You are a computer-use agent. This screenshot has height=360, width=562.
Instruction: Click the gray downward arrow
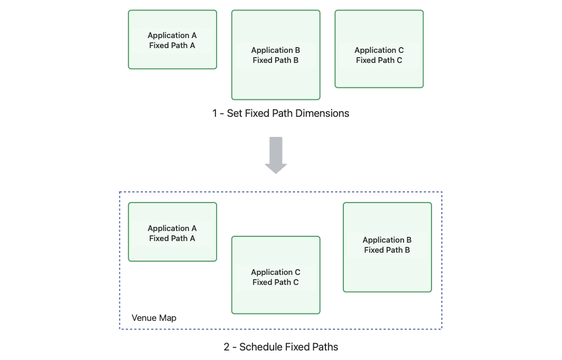click(x=276, y=155)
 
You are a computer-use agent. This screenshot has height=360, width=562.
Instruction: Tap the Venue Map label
click(x=154, y=318)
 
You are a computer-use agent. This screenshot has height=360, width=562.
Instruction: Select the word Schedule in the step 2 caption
click(x=262, y=347)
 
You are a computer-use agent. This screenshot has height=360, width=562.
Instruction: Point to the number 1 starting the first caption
click(x=214, y=113)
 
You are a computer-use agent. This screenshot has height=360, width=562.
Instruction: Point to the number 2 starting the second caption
click(x=227, y=347)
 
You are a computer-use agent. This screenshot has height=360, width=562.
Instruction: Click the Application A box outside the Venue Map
click(x=172, y=40)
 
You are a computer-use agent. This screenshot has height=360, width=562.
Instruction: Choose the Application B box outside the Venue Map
click(x=276, y=55)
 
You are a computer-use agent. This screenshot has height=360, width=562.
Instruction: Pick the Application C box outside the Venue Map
click(x=379, y=49)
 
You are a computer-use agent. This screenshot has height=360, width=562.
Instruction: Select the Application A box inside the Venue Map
click(x=172, y=232)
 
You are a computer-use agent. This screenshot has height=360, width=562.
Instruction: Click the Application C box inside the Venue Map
click(x=276, y=275)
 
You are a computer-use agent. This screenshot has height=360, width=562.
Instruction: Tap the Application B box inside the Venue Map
click(x=387, y=247)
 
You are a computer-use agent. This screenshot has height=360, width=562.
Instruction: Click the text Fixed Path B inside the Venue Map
click(x=387, y=250)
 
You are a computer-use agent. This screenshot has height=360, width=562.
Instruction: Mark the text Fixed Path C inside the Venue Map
click(x=276, y=282)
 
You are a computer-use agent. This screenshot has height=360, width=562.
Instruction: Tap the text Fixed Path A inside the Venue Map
click(x=172, y=238)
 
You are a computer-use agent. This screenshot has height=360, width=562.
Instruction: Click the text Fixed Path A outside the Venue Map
click(x=172, y=45)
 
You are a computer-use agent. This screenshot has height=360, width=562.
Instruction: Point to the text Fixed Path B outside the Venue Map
click(x=276, y=60)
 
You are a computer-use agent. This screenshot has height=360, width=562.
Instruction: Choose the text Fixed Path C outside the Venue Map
click(x=379, y=60)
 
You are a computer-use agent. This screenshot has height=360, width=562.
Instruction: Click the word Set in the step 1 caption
click(x=235, y=113)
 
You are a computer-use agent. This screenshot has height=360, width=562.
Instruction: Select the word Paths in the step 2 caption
click(x=325, y=347)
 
